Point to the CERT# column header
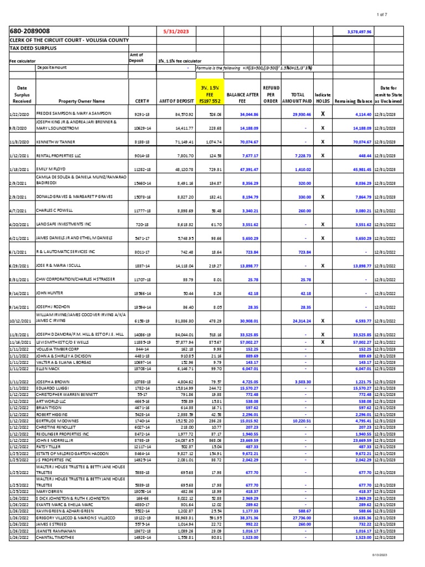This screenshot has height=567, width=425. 140,101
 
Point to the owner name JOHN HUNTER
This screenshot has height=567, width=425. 50,292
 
